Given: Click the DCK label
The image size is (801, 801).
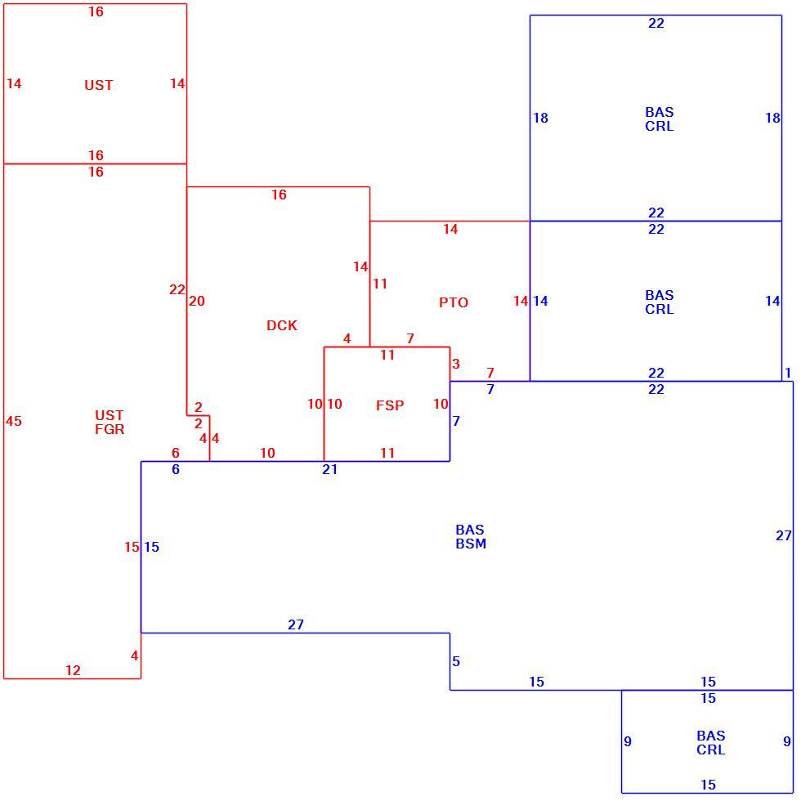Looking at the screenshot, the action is (x=281, y=325).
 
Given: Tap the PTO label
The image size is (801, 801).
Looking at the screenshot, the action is (x=454, y=302).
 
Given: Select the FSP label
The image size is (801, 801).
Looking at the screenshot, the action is (x=390, y=405).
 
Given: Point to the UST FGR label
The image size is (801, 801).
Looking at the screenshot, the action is (x=110, y=422).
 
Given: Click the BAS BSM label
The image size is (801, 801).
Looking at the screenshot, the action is (x=471, y=536).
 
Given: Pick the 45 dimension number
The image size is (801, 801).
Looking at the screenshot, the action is (x=14, y=421).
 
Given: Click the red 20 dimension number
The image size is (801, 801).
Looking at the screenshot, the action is (x=197, y=301).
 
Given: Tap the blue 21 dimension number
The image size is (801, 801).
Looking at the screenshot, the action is (x=329, y=469).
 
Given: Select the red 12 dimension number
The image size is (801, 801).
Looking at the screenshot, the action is (x=73, y=670).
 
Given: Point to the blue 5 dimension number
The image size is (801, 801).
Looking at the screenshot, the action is (x=456, y=661).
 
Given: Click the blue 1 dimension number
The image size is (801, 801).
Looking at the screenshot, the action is (x=788, y=373).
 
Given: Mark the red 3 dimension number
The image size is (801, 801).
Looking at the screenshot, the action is (x=456, y=364).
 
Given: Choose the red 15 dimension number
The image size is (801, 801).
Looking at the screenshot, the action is (x=132, y=547).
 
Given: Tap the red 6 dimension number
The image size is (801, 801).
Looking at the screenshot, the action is (x=176, y=453).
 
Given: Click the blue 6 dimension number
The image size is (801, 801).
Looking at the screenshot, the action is (x=176, y=469).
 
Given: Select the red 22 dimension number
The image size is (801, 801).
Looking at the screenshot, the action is (x=177, y=289).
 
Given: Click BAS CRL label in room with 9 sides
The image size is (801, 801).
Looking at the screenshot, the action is (x=710, y=743).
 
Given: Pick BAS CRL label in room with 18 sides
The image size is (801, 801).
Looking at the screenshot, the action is (x=659, y=119).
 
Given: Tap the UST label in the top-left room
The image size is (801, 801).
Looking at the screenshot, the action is (x=99, y=85).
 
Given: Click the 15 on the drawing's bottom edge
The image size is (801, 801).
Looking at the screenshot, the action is (x=708, y=785).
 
